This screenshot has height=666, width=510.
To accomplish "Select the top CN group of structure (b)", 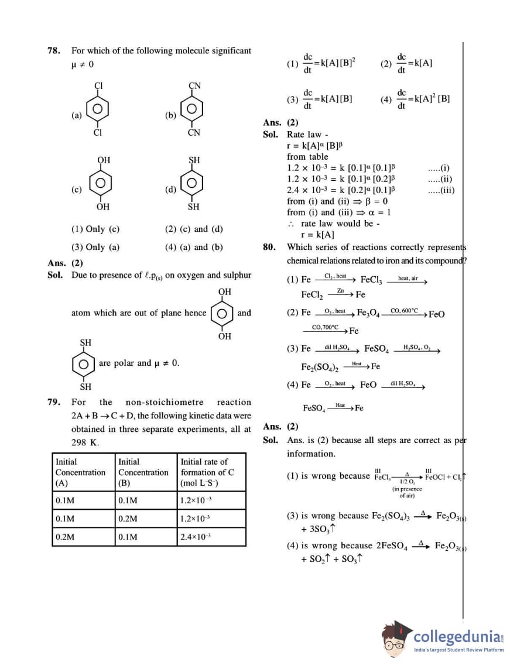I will click(195, 86).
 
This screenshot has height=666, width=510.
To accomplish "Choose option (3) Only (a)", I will click(95, 247).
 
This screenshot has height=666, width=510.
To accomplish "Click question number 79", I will click(54, 402).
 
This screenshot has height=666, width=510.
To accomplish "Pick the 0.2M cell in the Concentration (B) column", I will click(128, 519).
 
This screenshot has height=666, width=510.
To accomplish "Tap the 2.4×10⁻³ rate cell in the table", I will click(197, 537).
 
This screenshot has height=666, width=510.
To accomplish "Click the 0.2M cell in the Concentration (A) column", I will click(65, 537).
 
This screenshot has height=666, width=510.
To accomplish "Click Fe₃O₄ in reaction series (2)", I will click(368, 314).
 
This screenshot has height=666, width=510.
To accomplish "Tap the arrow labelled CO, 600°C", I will click(404, 314).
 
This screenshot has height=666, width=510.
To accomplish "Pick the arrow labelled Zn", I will click(340, 294).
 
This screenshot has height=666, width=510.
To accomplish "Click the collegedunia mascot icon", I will click(397, 637).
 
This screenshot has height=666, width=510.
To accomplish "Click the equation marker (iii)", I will click(441, 190).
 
